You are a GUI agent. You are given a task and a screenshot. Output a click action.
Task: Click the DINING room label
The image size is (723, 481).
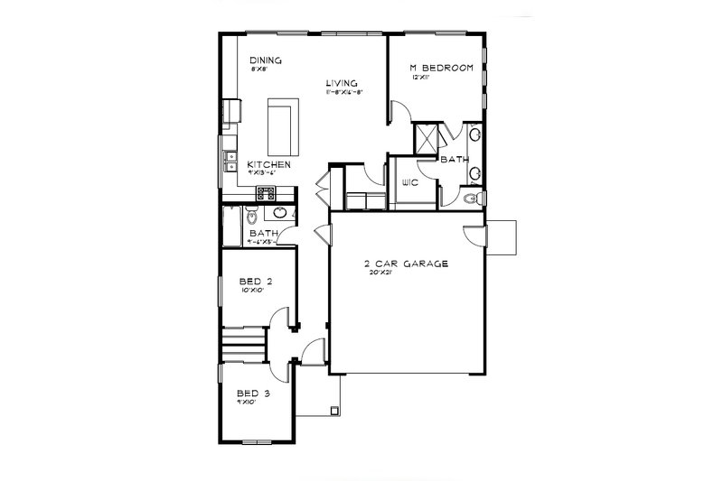coord(268,61)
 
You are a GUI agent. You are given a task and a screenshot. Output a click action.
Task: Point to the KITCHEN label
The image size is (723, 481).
coord(269,164)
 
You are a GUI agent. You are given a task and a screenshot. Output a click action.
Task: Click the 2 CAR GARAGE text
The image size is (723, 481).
coord(407,264)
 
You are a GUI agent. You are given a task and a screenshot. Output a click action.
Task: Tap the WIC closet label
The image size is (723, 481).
coord(408,182)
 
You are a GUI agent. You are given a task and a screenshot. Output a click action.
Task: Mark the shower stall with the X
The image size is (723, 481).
coord(426,140)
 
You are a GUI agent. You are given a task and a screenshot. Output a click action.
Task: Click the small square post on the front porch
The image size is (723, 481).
coord(337,412)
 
